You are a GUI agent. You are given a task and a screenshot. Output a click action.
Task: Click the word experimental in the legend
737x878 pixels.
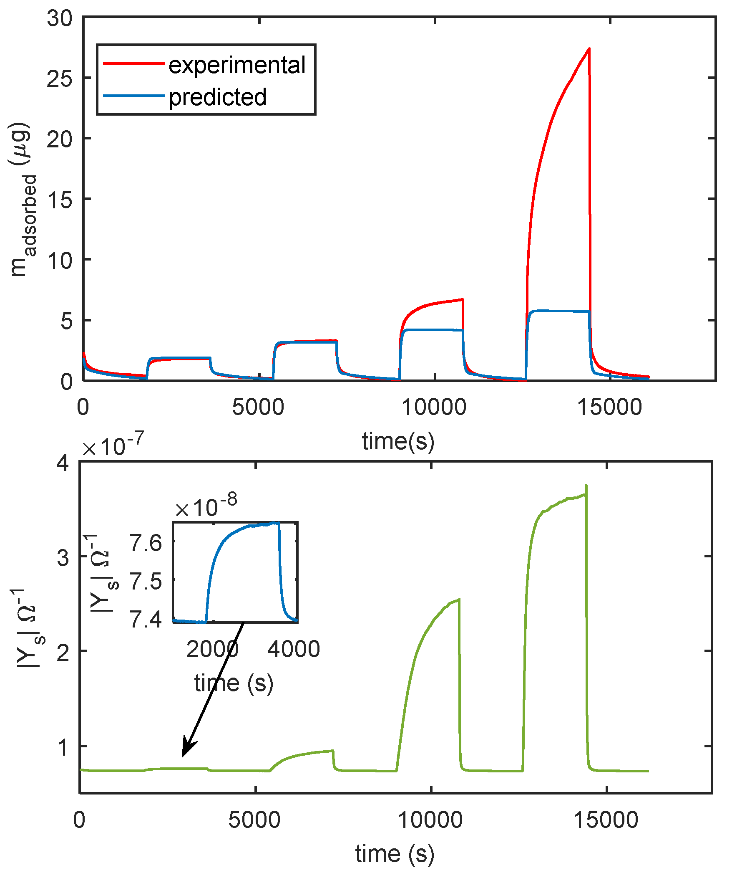pyautogui.click(x=237, y=65)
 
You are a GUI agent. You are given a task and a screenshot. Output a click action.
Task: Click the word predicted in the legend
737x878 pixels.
pyautogui.click(x=217, y=97)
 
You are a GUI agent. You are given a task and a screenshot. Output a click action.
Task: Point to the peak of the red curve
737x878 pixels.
pyautogui.click(x=589, y=49)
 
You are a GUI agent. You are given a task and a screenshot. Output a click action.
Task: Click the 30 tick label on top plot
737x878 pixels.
pyautogui.click(x=59, y=18)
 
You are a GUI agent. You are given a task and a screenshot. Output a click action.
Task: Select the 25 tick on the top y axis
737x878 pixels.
pyautogui.click(x=59, y=78)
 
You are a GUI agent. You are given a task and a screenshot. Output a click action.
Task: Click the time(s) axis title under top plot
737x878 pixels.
pyautogui.click(x=398, y=441)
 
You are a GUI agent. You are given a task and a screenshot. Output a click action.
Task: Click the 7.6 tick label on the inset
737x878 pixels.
pyautogui.click(x=146, y=544)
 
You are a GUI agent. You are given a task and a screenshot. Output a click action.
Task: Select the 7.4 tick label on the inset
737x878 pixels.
pyautogui.click(x=146, y=620)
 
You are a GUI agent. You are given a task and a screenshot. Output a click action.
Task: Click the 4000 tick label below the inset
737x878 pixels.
pyautogui.click(x=294, y=649)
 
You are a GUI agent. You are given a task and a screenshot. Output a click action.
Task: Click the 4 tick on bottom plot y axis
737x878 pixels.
pyautogui.click(x=63, y=464)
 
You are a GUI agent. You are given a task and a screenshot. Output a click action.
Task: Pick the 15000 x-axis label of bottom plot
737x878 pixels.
pyautogui.click(x=606, y=820)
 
